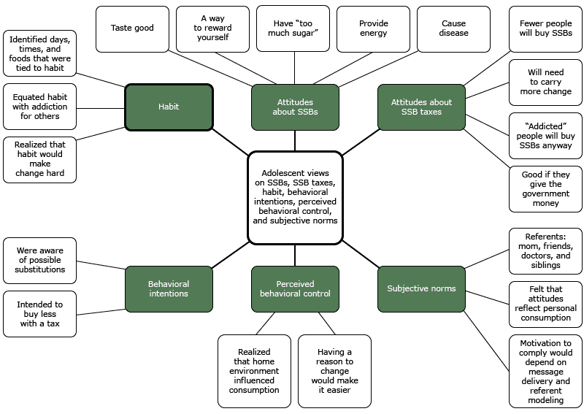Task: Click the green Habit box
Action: pyautogui.click(x=169, y=107)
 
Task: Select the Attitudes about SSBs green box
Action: pyautogui.click(x=295, y=107)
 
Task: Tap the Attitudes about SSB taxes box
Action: pyautogui.click(x=421, y=107)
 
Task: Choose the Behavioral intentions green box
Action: pyautogui.click(x=169, y=288)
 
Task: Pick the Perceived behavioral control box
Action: pyautogui.click(x=295, y=288)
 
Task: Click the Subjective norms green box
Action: pyautogui.click(x=421, y=288)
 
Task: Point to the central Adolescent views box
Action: pyautogui.click(x=295, y=197)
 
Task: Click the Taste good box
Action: pyautogui.click(x=132, y=28)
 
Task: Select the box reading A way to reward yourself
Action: pyautogui.click(x=212, y=28)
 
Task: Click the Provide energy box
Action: pyautogui.click(x=373, y=28)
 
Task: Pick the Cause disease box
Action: pyautogui.click(x=453, y=28)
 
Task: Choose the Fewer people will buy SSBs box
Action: pyautogui.click(x=545, y=28)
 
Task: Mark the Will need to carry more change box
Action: pyautogui.click(x=545, y=83)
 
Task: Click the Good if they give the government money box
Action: pyautogui.click(x=545, y=188)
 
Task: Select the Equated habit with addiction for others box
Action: pyautogui.click(x=39, y=107)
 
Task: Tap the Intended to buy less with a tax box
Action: pyautogui.click(x=39, y=314)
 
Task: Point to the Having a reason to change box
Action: pyautogui.click(x=334, y=371)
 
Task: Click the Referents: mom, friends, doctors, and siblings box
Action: pyautogui.click(x=545, y=251)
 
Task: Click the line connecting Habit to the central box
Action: pyautogui.click(x=230, y=142)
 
